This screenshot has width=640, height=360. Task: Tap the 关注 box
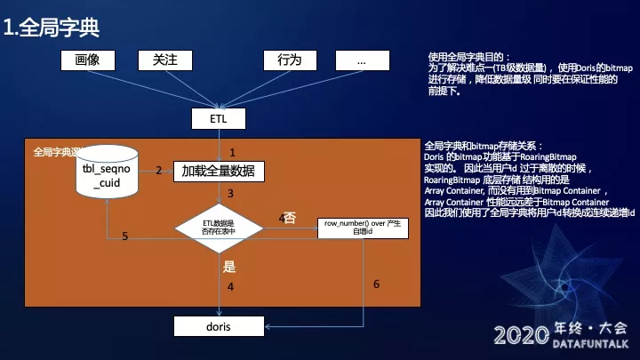tap(165, 60)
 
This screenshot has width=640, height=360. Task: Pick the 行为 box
tap(290, 60)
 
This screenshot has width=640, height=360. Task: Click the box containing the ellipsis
tap(361, 60)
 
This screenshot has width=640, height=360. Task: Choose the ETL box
tap(218, 118)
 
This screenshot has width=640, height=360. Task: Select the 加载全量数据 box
tap(218, 170)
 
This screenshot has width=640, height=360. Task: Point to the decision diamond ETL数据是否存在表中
tap(218, 228)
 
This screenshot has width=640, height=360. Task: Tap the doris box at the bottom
tap(218, 326)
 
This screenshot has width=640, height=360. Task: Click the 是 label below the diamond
tap(228, 265)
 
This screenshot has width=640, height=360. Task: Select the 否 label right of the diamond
tap(290, 217)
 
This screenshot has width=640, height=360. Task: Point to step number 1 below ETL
tap(232, 152)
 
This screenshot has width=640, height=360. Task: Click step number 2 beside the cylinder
tap(158, 170)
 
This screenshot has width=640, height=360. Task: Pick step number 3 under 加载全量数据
tap(230, 193)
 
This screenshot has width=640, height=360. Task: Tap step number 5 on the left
tap(124, 236)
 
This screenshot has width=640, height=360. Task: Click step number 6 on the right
tap(376, 284)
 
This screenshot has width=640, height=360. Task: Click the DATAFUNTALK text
tap(589, 342)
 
